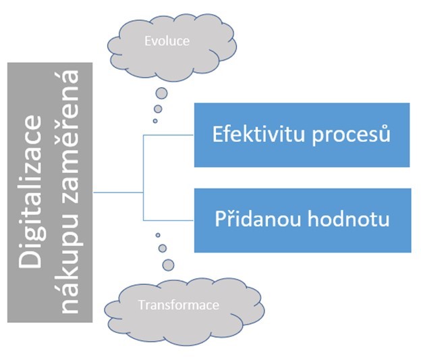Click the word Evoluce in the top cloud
tap(167, 41)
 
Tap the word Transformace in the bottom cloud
tap(178, 305)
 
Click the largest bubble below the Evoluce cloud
tap(161, 93)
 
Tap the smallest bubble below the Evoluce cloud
tap(155, 121)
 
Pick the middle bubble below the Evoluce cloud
tap(158, 109)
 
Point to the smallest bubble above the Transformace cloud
tap(158, 235)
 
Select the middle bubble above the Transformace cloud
tap(162, 248)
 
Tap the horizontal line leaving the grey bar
tap(118, 192)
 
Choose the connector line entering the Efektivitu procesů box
tap(169, 134)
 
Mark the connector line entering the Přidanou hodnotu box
tap(169, 220)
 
